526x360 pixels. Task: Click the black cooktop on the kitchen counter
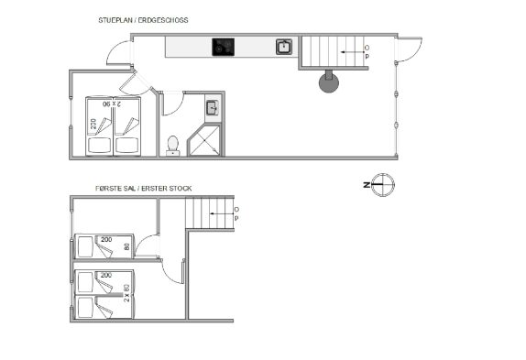coord(223,47)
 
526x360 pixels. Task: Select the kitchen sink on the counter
coord(284,47)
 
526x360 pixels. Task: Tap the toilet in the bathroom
coord(173,146)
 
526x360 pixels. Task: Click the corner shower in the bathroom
coord(204,140)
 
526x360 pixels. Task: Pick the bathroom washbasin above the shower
coord(213,108)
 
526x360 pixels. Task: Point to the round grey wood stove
coord(329,82)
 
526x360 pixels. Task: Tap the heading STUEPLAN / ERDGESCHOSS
coord(143,20)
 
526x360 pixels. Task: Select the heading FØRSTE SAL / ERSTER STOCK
coord(144,189)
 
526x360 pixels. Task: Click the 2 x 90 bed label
coord(112,104)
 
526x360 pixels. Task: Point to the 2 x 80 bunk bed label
coord(126,293)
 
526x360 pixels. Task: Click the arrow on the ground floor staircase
coord(347,52)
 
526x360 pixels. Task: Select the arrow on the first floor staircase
coord(222,213)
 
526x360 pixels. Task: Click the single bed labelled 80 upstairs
coord(104,246)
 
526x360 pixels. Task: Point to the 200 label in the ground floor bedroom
coord(93,124)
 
